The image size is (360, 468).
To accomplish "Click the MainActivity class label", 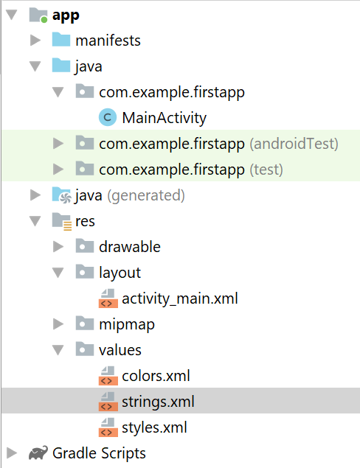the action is click(x=164, y=118).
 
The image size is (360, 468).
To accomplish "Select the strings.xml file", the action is click(x=158, y=402).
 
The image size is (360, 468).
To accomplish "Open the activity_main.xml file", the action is click(x=180, y=298).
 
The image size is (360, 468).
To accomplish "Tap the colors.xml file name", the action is click(x=156, y=376).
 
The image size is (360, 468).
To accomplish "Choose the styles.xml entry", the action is click(x=154, y=427).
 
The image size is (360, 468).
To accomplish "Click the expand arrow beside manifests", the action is click(x=35, y=41).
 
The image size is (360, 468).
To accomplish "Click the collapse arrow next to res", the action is click(x=35, y=221).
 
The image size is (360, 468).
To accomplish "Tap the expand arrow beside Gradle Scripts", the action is click(x=11, y=453).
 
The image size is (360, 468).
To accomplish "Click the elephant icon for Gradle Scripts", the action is click(x=38, y=453).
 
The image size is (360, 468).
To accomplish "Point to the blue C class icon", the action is click(x=108, y=118).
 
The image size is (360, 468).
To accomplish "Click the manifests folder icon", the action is click(x=61, y=40).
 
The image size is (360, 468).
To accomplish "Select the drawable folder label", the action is click(x=130, y=247).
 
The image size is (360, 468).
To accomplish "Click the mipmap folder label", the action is click(x=127, y=325).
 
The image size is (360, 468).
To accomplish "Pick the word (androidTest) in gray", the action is click(x=294, y=144).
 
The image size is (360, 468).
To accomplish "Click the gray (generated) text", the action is click(x=146, y=196).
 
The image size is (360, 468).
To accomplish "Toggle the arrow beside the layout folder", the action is click(x=58, y=273).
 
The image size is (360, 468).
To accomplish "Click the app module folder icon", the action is click(x=38, y=15).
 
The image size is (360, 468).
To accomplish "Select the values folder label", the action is click(x=120, y=350).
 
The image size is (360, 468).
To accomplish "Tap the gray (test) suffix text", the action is click(x=266, y=170).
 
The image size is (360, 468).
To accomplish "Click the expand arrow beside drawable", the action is click(x=58, y=247).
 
